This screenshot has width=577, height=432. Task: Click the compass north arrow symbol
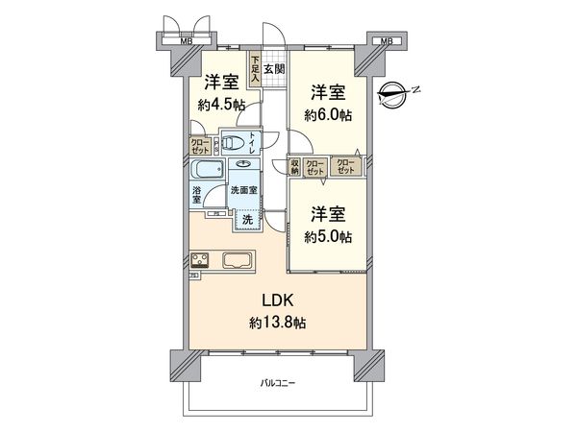click(x=396, y=94)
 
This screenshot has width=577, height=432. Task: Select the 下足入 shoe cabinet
click(x=255, y=69)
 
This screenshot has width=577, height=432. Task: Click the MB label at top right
click(x=386, y=41)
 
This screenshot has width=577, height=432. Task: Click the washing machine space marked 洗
click(x=247, y=220)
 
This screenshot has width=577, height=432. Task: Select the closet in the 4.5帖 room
click(x=200, y=147)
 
